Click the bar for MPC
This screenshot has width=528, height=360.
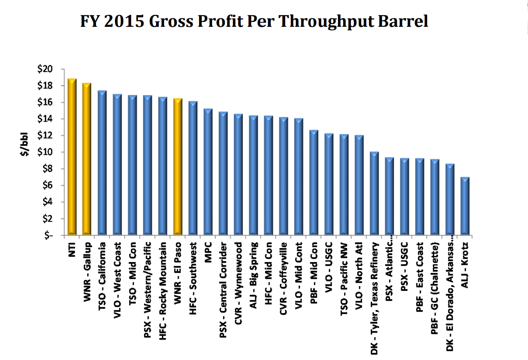click(x=208, y=172)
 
